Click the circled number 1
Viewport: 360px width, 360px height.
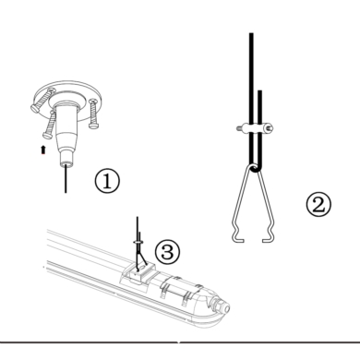[107, 181]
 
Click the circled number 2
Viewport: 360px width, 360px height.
[318, 205]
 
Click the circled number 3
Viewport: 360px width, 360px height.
[167, 252]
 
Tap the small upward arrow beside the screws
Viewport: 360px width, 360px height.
[43, 150]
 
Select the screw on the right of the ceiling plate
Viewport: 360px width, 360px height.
[93, 114]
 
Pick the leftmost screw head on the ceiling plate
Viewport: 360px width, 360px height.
[35, 108]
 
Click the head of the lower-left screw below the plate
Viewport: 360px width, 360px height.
[47, 136]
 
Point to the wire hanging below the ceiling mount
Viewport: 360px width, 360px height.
[66, 179]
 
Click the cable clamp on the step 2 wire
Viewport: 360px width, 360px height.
[255, 128]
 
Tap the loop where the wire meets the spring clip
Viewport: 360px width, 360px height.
[253, 169]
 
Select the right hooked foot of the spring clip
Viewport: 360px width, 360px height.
[268, 236]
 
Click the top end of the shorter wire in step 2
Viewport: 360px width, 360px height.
[260, 91]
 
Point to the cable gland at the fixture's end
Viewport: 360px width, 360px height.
[221, 306]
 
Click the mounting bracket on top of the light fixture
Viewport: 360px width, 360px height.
[138, 274]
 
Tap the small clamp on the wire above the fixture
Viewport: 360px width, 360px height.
[138, 242]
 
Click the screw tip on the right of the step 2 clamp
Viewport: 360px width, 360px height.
[270, 127]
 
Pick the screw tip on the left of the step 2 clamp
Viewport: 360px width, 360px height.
[239, 128]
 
